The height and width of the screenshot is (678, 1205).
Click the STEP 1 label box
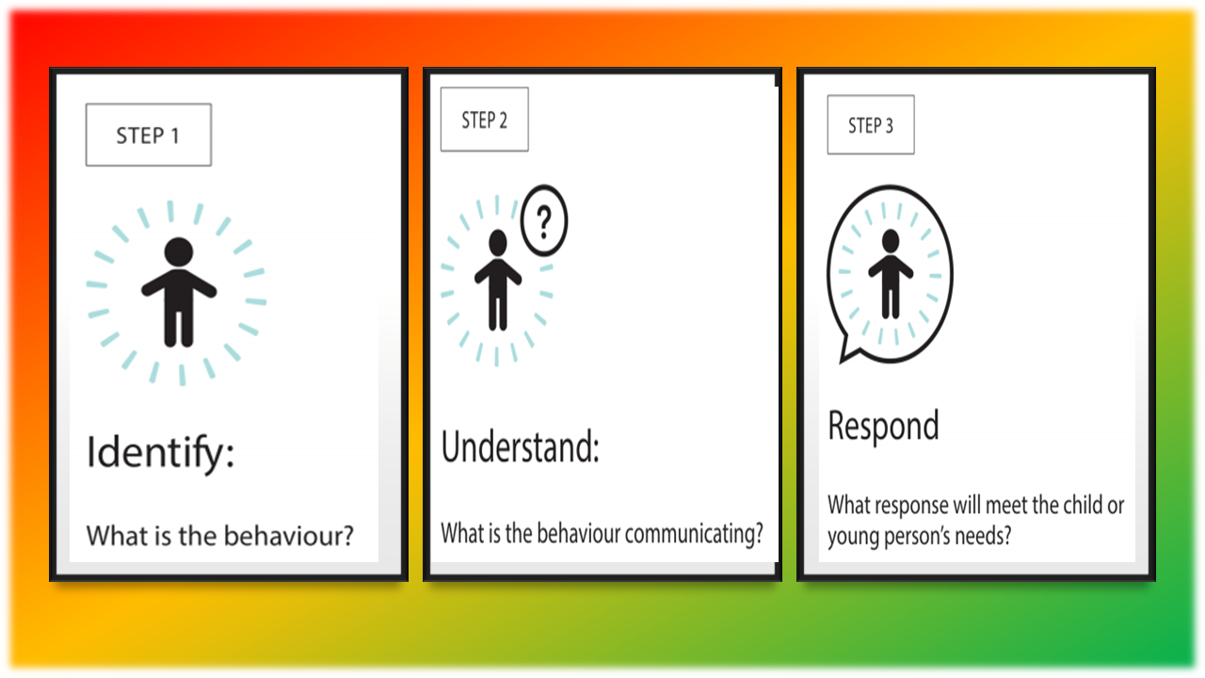(x=149, y=135)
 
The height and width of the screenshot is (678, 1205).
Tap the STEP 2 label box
(x=484, y=120)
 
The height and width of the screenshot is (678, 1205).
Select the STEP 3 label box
(x=871, y=125)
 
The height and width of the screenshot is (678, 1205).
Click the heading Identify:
(x=160, y=453)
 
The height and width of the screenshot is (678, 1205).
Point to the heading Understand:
(x=521, y=446)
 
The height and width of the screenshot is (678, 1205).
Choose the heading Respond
(x=883, y=427)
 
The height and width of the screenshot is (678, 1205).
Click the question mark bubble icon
(x=544, y=220)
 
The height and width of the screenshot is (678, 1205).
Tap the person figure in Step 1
(x=179, y=292)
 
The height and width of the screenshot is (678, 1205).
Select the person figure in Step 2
(x=498, y=280)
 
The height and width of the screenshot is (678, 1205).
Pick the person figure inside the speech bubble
(x=891, y=274)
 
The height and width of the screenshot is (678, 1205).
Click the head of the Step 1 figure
(x=179, y=251)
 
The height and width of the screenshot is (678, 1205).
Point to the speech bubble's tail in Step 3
(x=849, y=352)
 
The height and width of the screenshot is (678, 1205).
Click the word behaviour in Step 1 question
(x=288, y=536)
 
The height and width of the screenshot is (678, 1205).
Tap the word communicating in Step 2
(x=694, y=534)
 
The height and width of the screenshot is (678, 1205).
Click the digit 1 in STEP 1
(x=175, y=136)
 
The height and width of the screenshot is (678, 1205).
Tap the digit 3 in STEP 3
(x=889, y=126)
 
